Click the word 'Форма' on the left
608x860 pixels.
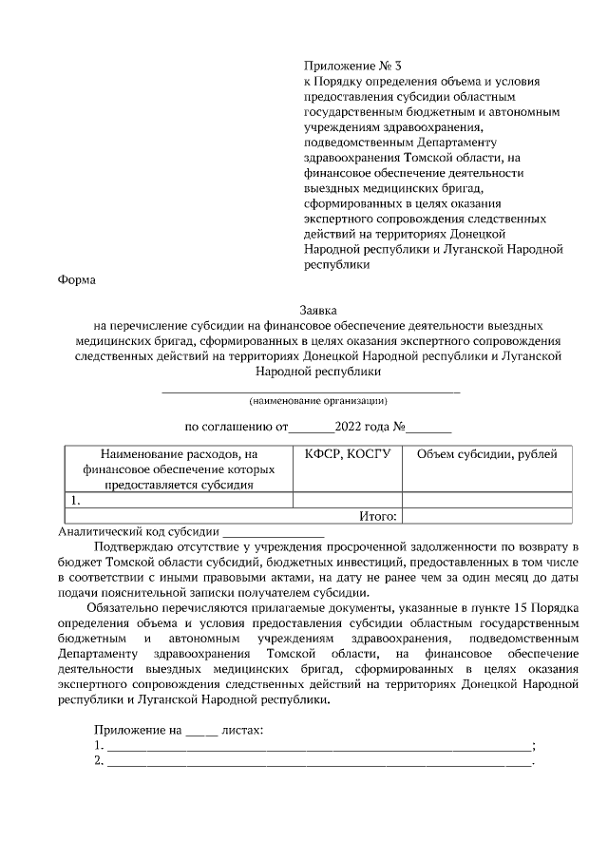[77, 280]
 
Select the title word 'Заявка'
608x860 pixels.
[318, 310]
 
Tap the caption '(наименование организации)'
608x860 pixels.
[318, 400]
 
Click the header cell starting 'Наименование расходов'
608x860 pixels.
[179, 469]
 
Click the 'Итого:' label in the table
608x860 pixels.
[377, 516]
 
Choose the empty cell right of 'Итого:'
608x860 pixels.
[486, 516]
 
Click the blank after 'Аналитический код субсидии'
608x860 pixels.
[274, 533]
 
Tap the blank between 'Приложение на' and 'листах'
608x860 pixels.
[200, 731]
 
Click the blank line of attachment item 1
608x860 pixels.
[319, 747]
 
